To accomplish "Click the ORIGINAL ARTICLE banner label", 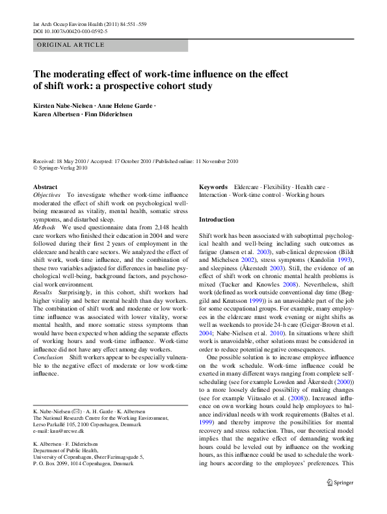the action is coord(71,45).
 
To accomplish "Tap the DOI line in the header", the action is coord(70,31).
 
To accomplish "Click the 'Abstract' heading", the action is coord(45,187).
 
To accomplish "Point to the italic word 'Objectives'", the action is coord(47,194).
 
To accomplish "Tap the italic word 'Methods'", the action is coord(44,228).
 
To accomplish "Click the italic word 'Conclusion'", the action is coord(49,356).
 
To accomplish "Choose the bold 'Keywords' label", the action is coord(213,187).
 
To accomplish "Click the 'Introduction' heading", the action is coord(217,220).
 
